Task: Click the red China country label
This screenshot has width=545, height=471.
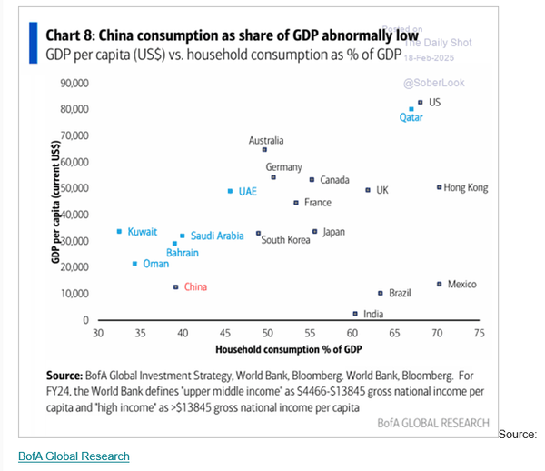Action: pos(195,287)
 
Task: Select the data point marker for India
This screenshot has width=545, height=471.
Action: pos(355,313)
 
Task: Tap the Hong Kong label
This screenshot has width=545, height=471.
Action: pos(466,188)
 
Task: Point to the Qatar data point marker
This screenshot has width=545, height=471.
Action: pos(411,109)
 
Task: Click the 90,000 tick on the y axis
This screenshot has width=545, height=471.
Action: pos(73,83)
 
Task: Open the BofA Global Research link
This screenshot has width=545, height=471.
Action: pos(74,456)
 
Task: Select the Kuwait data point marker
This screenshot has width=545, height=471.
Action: pos(119,232)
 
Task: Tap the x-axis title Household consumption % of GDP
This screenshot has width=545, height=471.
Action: pos(288,350)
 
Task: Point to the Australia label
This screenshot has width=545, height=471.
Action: pos(266,141)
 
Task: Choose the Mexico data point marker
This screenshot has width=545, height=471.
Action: pos(439,285)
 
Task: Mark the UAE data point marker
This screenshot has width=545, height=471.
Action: pos(230,191)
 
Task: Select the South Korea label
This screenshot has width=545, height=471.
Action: pos(285,240)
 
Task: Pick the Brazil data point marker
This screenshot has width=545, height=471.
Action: pos(381,293)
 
